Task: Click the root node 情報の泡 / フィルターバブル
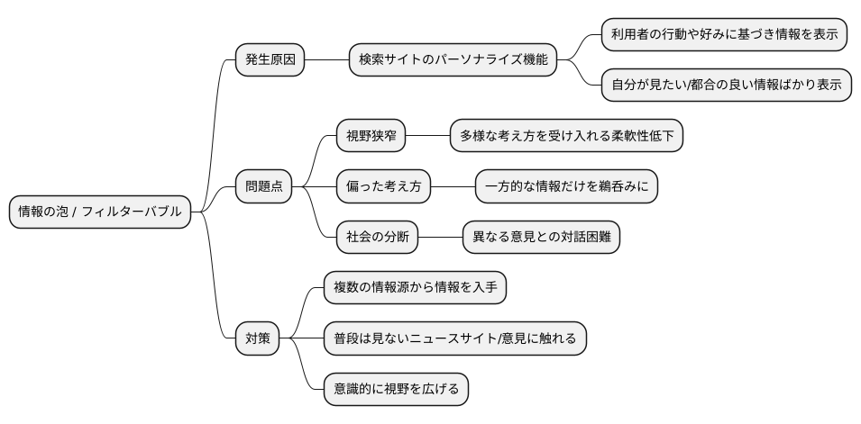click(100, 212)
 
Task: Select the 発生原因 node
click(269, 61)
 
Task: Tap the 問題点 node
click(263, 186)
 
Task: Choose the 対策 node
click(257, 339)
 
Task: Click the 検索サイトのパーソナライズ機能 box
click(453, 61)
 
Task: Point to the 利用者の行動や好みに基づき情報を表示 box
click(724, 35)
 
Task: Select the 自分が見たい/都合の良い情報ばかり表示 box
click(726, 86)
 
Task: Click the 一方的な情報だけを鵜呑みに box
click(566, 186)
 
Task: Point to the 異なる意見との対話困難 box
click(541, 238)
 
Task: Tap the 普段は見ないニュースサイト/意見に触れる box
click(455, 339)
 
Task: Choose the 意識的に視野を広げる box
click(396, 390)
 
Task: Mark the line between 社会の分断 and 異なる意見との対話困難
click(440, 238)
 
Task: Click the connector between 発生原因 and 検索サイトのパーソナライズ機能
click(326, 61)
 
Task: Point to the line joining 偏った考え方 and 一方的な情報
click(453, 186)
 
